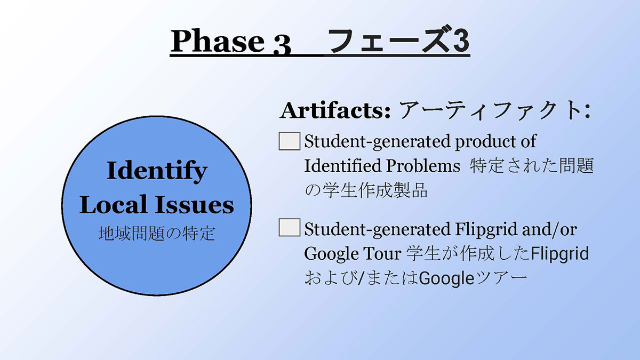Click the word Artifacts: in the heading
pos(335,110)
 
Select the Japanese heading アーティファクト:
pos(494,110)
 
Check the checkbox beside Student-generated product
pos(290,141)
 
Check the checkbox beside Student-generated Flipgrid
pos(290,227)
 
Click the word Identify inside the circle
pos(157,171)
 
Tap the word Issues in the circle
pos(195,205)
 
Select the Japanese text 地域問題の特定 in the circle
pos(157,234)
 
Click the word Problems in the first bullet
pos(423,166)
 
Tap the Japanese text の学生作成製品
pos(366,190)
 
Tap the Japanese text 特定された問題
pos(531,166)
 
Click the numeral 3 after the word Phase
pos(282,45)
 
